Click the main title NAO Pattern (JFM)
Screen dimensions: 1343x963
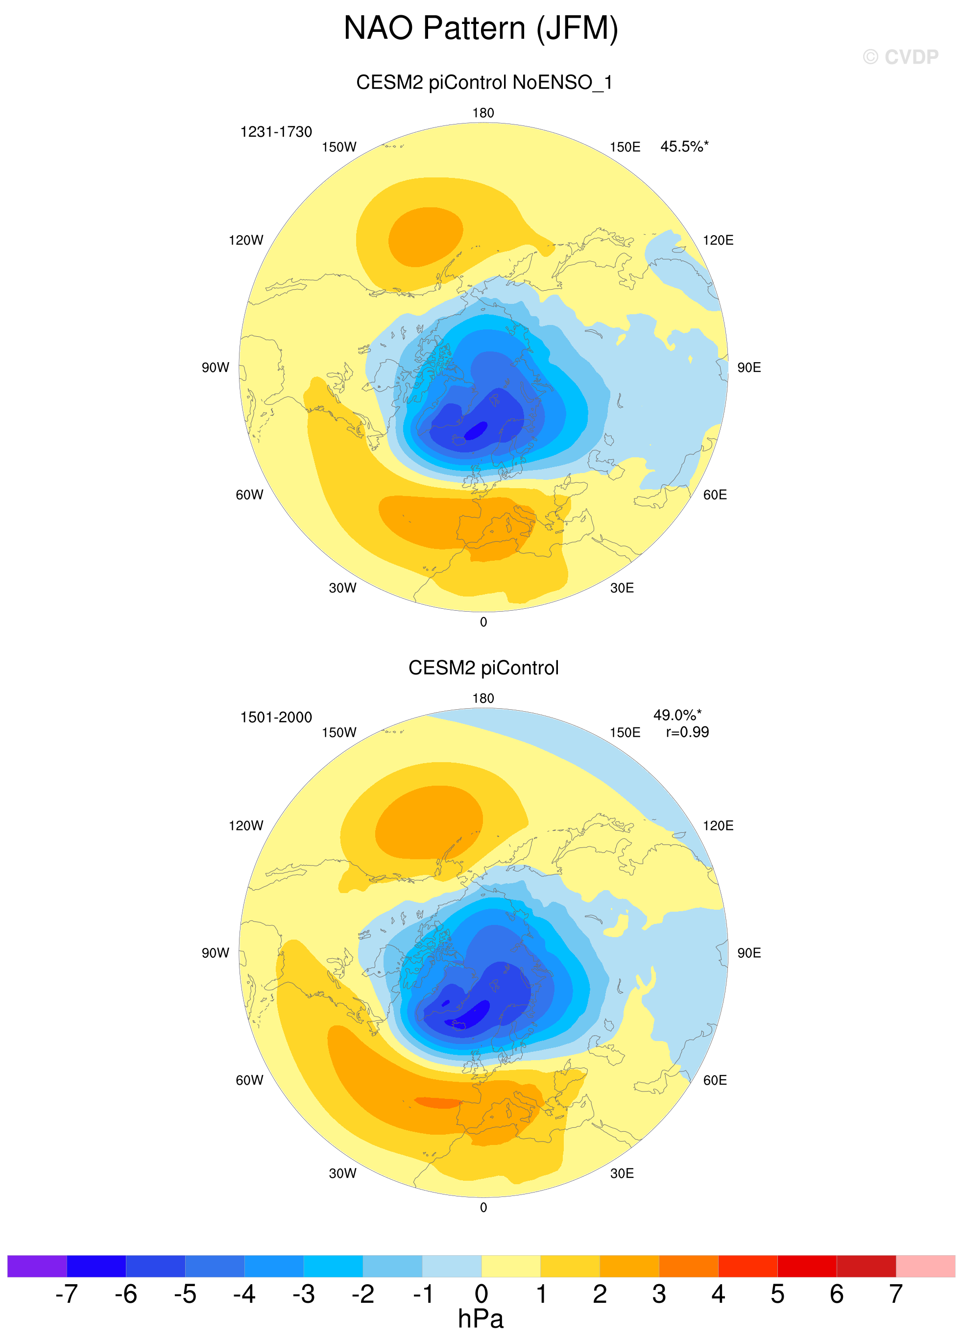tap(481, 28)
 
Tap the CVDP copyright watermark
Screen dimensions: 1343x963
tap(900, 57)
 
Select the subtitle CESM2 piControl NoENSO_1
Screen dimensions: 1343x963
tap(483, 82)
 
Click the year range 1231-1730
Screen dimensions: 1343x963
tap(276, 131)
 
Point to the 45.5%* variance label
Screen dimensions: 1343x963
tap(684, 146)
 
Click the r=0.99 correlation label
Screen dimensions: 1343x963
tap(687, 732)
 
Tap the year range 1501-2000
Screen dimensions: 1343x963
tap(276, 717)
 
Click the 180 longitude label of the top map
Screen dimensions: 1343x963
tap(483, 113)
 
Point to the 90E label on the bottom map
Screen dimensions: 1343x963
tap(749, 953)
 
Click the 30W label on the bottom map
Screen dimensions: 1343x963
tap(343, 1173)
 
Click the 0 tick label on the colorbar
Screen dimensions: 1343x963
tap(481, 1294)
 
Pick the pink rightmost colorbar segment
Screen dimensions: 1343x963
tap(925, 1266)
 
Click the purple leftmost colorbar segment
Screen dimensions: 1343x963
tap(37, 1266)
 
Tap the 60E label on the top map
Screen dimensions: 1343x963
tap(714, 495)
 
